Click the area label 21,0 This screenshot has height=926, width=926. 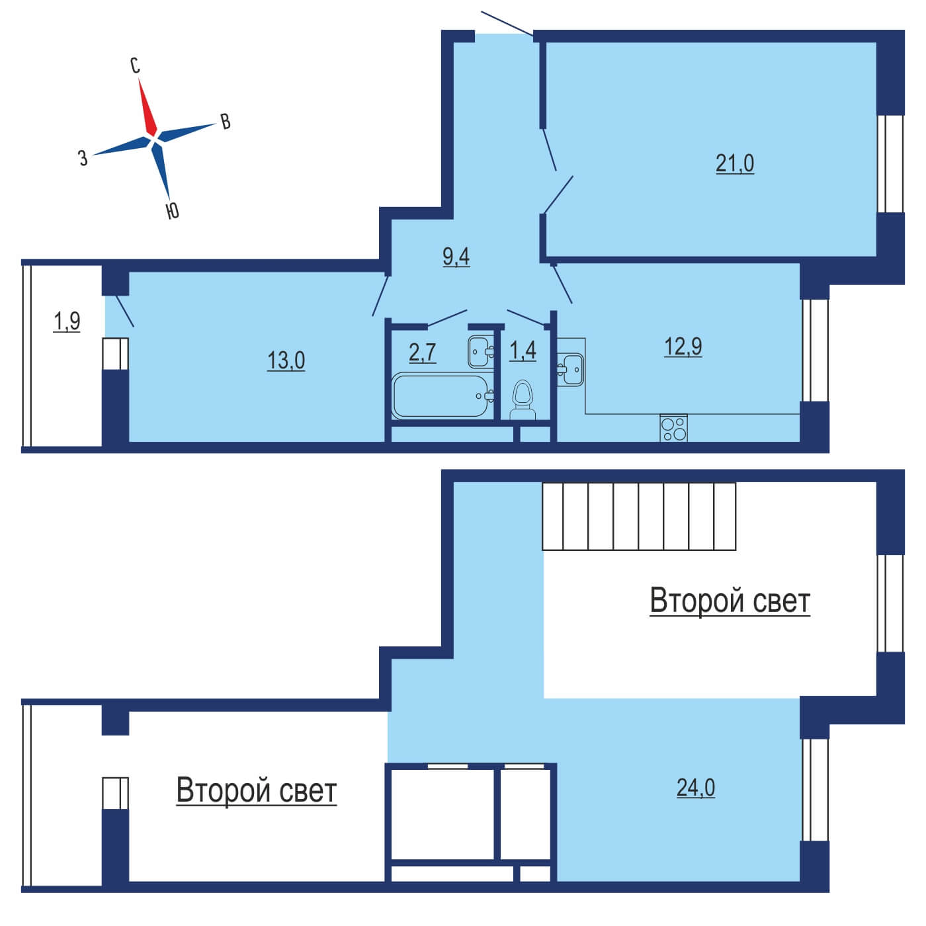click(x=734, y=164)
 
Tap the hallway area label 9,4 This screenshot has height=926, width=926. click(x=456, y=257)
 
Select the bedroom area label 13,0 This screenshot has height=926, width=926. click(x=286, y=360)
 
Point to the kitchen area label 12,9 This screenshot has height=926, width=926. click(x=683, y=347)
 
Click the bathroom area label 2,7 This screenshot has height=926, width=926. click(x=423, y=353)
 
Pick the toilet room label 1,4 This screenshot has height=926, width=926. click(x=523, y=351)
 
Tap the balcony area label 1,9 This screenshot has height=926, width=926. click(x=67, y=321)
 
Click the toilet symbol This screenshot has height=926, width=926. click(x=523, y=400)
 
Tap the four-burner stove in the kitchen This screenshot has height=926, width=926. click(x=673, y=428)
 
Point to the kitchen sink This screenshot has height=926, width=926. click(x=570, y=368)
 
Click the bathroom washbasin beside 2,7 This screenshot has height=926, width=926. click(x=481, y=351)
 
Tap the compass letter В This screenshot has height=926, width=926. click(x=226, y=122)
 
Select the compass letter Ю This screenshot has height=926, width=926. click(x=173, y=210)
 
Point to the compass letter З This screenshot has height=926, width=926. click(x=83, y=157)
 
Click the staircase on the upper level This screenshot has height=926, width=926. click(x=639, y=516)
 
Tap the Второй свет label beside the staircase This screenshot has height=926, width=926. click(x=730, y=602)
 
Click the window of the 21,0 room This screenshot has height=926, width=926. click(x=890, y=163)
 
